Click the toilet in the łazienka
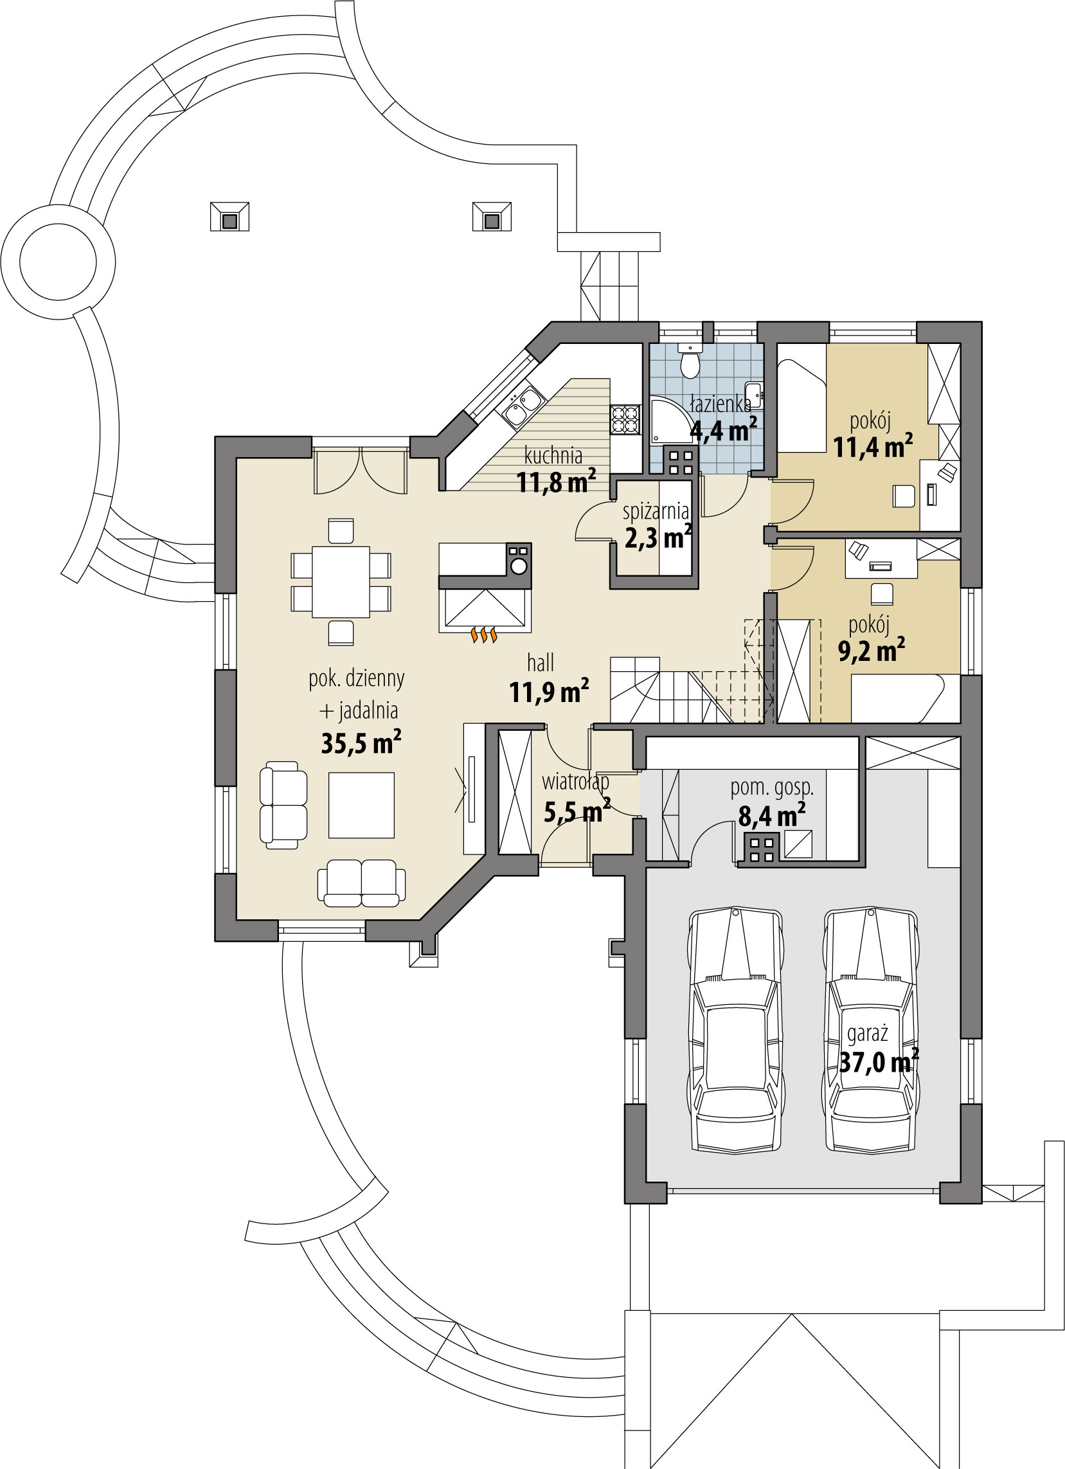pos(690,363)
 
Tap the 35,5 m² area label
pos(361,743)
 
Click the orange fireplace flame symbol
pos(484,635)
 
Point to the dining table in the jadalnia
pos(341,582)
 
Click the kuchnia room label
pos(553,455)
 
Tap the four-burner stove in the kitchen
pos(625,419)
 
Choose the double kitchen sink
pos(523,408)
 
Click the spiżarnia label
pos(655,512)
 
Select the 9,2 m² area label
pos(871,651)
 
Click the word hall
pos(540,663)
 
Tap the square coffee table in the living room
pos(361,805)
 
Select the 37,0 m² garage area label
pos(878,1062)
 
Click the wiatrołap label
pos(575,782)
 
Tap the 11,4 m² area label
pos(872,447)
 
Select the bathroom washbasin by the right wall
pos(753,395)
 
